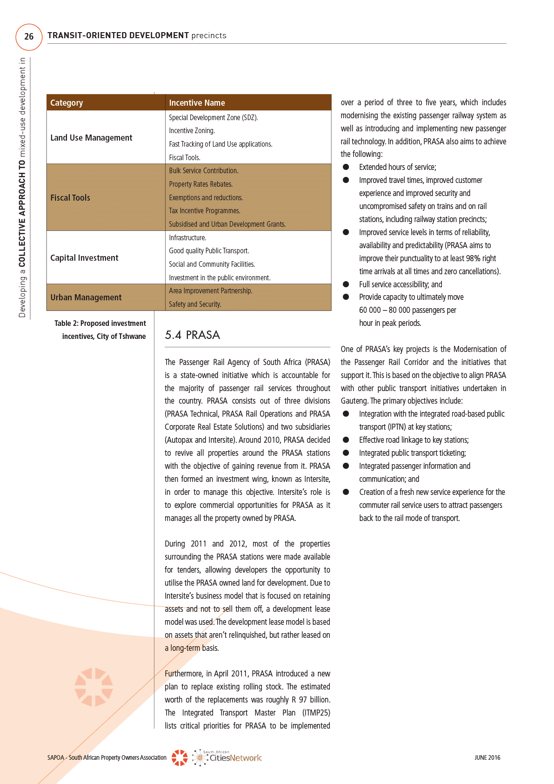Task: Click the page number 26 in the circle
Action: tap(29, 36)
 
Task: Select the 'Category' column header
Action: tap(67, 103)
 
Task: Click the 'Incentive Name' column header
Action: tap(197, 103)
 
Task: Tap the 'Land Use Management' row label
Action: tap(91, 138)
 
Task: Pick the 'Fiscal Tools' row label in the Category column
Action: tap(70, 198)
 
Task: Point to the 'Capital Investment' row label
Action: tap(84, 258)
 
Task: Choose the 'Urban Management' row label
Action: tap(86, 297)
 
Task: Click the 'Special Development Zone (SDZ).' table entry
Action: tap(213, 118)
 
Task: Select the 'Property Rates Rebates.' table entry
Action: tap(200, 184)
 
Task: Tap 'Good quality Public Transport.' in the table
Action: tap(209, 251)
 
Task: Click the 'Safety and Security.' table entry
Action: tap(195, 304)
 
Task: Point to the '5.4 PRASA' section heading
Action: tap(192, 335)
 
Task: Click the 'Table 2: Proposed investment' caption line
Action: tap(100, 324)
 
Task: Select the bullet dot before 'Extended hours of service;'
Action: tap(346, 167)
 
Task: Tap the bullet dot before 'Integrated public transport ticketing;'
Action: tap(346, 453)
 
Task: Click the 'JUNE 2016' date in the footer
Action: tap(487, 757)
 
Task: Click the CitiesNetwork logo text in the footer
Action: tap(235, 758)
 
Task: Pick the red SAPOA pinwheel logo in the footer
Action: tap(180, 757)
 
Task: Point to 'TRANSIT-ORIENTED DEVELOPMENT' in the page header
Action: tap(118, 35)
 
